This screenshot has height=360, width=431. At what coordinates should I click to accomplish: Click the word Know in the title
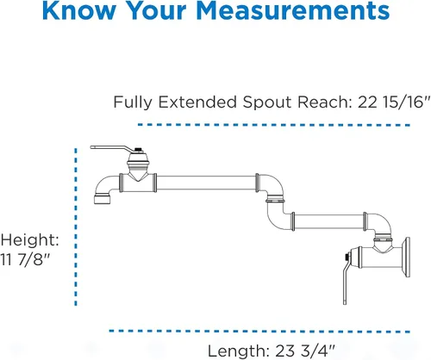click(x=78, y=10)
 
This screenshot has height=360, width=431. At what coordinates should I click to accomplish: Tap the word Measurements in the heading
click(x=293, y=10)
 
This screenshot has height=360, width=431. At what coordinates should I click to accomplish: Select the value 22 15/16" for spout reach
click(x=394, y=102)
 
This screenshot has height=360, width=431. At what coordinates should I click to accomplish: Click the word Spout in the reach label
click(x=267, y=102)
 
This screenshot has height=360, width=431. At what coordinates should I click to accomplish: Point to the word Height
click(x=30, y=239)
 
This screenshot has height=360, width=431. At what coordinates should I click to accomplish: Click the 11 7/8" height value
click(x=25, y=259)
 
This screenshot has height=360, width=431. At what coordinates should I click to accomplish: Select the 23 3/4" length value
click(x=305, y=351)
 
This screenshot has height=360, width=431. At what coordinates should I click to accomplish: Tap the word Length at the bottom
click(x=238, y=351)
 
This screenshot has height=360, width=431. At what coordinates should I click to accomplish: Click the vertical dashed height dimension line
click(x=76, y=227)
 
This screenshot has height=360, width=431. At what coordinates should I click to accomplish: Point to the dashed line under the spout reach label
click(x=274, y=125)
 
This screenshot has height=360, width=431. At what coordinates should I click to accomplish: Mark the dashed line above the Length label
click(x=259, y=332)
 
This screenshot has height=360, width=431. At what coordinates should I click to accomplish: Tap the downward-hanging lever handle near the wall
click(x=346, y=282)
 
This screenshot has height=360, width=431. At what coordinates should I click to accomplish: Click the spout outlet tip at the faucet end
click(x=103, y=199)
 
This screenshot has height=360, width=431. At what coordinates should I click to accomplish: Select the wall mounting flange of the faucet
click(x=407, y=258)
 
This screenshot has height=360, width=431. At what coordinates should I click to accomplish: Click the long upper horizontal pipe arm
click(x=206, y=183)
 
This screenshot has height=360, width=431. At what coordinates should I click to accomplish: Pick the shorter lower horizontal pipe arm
click(x=329, y=221)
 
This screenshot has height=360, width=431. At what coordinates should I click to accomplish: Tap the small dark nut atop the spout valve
click(x=139, y=150)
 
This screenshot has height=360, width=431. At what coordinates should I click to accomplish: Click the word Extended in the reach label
click(x=197, y=102)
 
